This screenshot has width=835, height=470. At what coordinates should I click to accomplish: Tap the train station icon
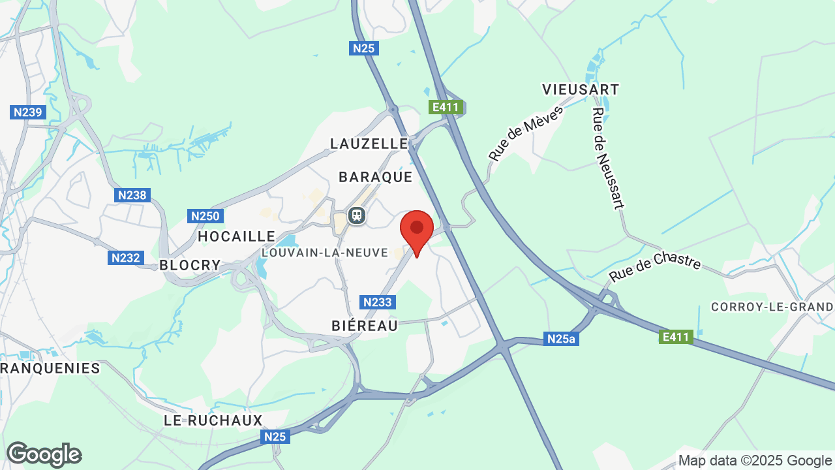[x=356, y=215]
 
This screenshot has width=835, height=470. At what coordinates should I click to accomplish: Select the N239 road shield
[x=28, y=112]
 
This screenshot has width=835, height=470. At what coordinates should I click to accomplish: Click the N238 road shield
[x=133, y=195]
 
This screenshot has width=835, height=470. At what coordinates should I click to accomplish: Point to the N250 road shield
[x=206, y=216]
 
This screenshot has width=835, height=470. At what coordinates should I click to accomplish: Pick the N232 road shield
[x=125, y=258]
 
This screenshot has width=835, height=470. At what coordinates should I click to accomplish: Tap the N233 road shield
[x=377, y=302]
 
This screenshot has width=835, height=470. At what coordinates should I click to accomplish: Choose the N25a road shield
[x=562, y=339]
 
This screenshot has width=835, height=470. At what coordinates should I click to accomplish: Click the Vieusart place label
[x=581, y=89]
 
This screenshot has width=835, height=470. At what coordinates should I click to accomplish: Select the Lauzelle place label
[x=369, y=144]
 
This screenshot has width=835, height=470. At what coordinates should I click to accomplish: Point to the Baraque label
[x=376, y=177]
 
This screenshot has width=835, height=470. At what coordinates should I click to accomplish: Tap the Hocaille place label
[x=237, y=236]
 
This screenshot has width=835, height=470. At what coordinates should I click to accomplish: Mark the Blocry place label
[x=190, y=265]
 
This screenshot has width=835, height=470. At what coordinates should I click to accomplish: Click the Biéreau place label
[x=365, y=326]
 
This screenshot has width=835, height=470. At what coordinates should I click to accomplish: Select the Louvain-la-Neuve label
[x=325, y=252]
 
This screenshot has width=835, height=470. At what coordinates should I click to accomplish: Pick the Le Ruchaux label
[x=213, y=420]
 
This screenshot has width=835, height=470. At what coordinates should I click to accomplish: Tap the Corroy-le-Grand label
[x=772, y=307]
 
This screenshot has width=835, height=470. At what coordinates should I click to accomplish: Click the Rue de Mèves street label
[x=525, y=133]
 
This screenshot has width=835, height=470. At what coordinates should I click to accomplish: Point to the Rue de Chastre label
[x=655, y=268]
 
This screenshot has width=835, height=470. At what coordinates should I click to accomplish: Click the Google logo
[x=44, y=454]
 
